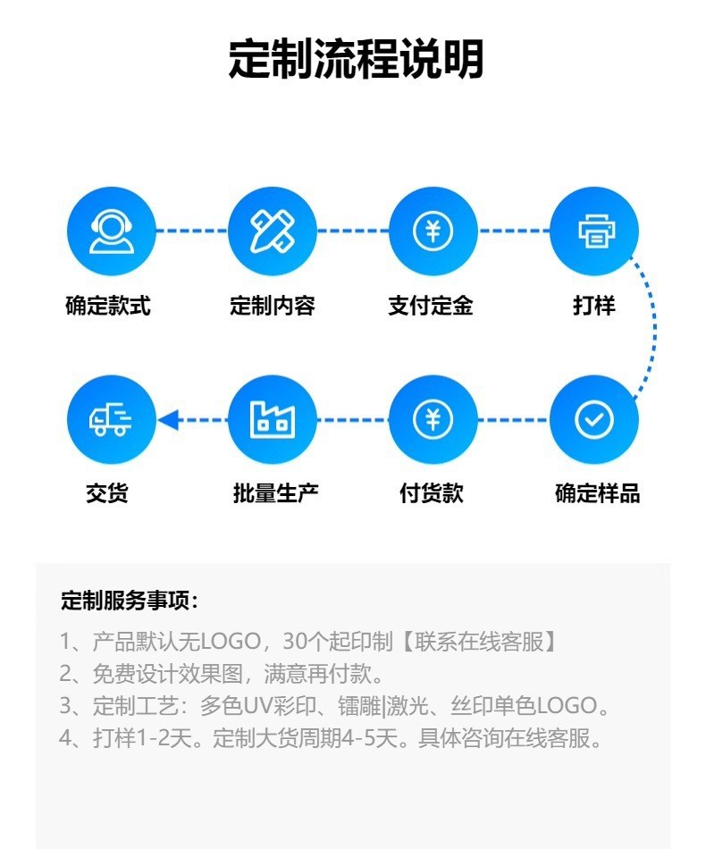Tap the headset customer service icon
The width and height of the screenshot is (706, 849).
[x=112, y=231]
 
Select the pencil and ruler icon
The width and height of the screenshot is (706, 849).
[x=273, y=231]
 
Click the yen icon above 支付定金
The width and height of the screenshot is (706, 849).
[x=433, y=231]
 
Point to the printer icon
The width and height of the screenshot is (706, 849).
[x=594, y=231]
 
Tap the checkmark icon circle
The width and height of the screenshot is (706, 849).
[x=594, y=419]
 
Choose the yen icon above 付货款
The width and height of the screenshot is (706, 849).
[x=433, y=419]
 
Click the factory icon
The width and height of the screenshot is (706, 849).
[x=273, y=419]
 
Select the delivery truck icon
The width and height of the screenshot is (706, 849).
[x=112, y=419]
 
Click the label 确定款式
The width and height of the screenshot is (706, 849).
[x=108, y=307]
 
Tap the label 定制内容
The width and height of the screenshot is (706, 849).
[x=273, y=307]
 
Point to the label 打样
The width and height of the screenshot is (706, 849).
[x=594, y=307]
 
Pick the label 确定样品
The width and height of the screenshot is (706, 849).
[x=597, y=493]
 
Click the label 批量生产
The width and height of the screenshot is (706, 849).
[x=275, y=493]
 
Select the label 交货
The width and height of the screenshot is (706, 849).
[x=107, y=493]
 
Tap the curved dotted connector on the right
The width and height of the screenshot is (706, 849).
[x=653, y=325]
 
